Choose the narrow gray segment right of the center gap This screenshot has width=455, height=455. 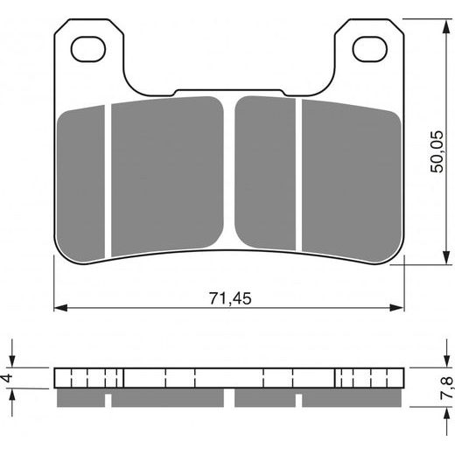coord(267,175)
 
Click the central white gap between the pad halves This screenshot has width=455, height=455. coord(229,175)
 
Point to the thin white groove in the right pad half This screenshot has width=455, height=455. coord(299,175)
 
